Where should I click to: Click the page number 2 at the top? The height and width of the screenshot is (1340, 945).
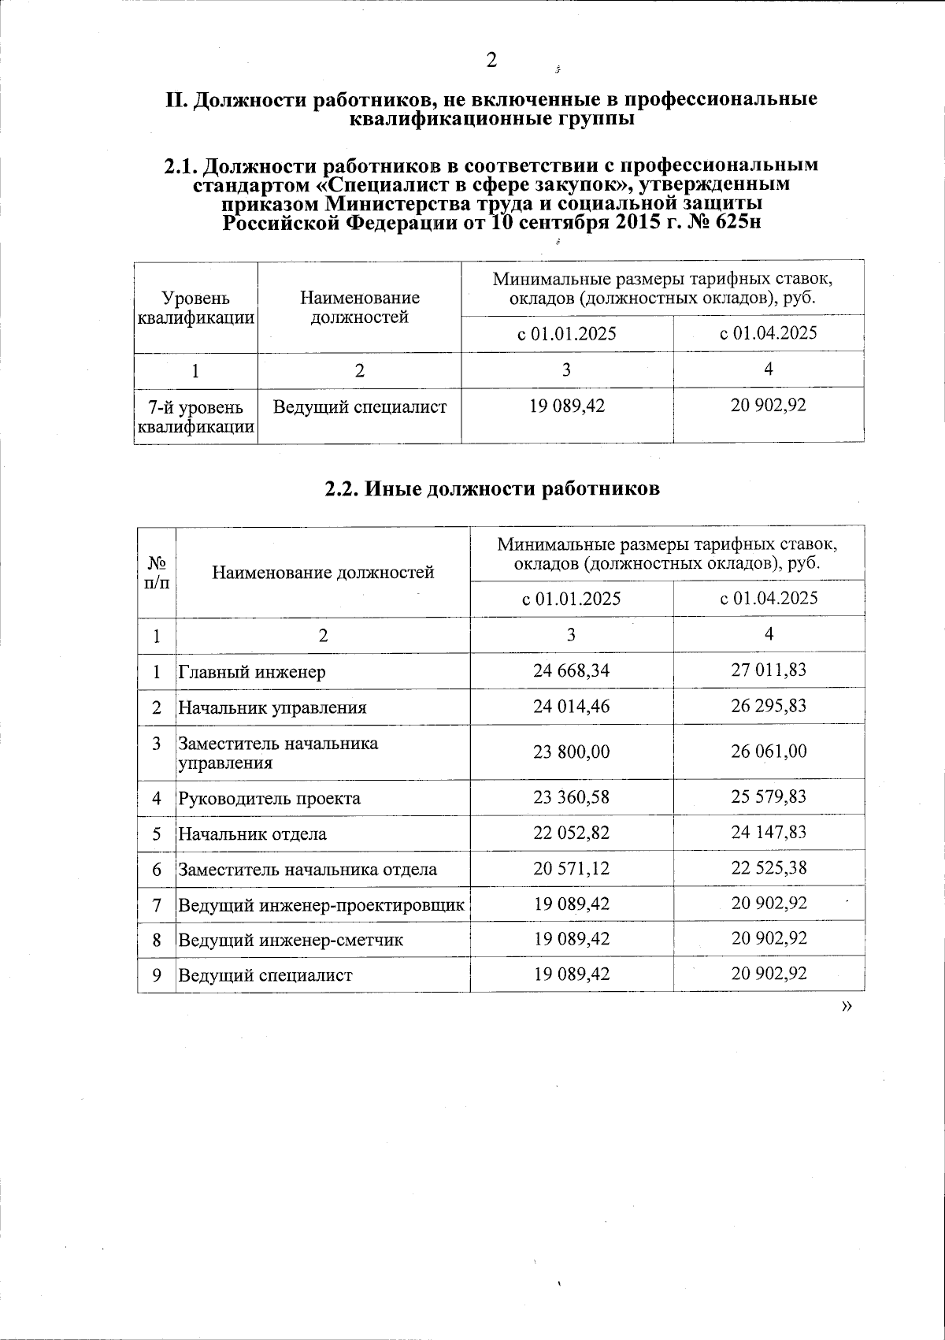[x=491, y=60]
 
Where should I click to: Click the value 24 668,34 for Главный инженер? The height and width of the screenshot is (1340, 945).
[x=571, y=670]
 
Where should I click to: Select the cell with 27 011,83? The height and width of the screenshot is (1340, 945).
[x=769, y=670]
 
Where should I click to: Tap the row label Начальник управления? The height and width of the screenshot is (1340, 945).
[x=272, y=707]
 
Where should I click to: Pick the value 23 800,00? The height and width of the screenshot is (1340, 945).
[x=571, y=752]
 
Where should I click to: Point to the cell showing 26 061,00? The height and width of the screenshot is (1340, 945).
[x=769, y=752]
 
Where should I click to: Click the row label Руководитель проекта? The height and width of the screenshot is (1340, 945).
[x=269, y=798]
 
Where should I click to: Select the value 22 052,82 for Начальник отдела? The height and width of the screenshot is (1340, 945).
[x=571, y=833]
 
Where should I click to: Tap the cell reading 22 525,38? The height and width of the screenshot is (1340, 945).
[x=769, y=868]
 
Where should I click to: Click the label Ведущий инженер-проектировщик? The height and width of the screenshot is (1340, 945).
[x=321, y=904]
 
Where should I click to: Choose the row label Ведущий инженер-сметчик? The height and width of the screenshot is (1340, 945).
[x=291, y=940]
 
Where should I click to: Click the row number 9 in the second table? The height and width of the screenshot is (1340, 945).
[x=157, y=974]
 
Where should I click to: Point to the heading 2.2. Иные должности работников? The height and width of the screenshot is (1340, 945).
[x=492, y=488]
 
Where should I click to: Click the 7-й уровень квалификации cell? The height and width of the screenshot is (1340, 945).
[x=195, y=417]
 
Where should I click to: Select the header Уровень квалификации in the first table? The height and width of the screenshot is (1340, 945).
[x=195, y=307]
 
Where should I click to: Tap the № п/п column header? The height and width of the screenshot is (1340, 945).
[x=157, y=572]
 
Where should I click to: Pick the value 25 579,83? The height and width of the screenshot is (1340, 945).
[x=769, y=797]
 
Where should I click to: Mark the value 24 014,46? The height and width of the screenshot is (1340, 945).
[x=571, y=706]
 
